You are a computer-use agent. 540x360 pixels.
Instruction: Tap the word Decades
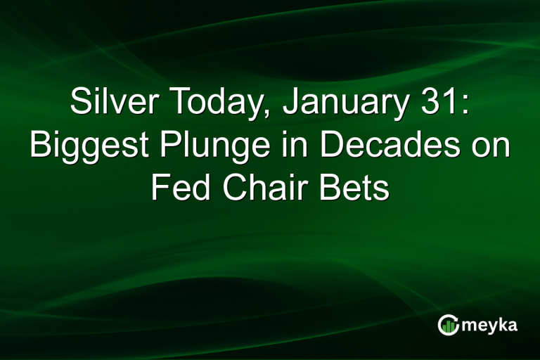pos(381,146)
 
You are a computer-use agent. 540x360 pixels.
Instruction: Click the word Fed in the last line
pos(179,188)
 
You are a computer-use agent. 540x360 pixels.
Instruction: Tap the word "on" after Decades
pos(489,146)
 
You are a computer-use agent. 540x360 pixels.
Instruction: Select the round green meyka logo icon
pos(448,325)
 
